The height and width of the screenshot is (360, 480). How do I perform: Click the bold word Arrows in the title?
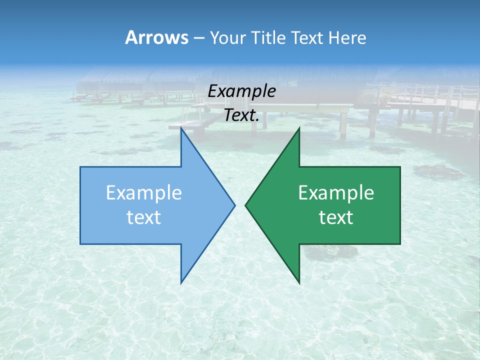tap(156, 37)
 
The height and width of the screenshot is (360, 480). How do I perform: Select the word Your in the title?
tap(227, 38)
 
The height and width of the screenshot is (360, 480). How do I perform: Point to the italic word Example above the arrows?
tap(241, 91)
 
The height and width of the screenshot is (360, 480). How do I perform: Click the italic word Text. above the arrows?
tap(241, 115)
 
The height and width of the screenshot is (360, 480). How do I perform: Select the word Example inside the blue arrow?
tap(144, 193)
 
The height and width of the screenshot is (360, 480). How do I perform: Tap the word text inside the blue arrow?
tap(144, 217)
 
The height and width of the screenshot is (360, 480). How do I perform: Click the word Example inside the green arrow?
tap(336, 193)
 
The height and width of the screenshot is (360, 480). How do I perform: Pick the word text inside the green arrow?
tap(336, 217)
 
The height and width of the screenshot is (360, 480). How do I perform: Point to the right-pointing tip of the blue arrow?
tap(235, 205)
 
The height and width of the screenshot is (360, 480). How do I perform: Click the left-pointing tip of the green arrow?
tap(245, 205)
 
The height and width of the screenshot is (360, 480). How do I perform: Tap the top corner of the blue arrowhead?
tap(181, 128)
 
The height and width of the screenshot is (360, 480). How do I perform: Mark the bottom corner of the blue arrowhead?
tap(181, 283)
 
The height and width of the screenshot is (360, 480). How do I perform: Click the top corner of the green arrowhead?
tap(299, 128)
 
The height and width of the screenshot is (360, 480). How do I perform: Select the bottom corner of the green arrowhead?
tap(299, 283)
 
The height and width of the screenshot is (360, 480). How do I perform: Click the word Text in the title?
tap(308, 37)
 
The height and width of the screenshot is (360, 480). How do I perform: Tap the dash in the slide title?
tap(198, 38)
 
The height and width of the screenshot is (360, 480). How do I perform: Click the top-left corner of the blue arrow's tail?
tap(80, 167)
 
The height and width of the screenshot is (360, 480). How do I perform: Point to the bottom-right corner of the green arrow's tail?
tap(400, 244)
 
